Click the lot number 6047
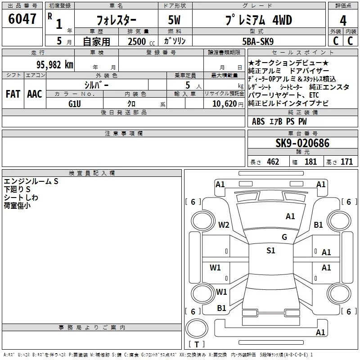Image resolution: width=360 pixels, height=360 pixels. [22, 19]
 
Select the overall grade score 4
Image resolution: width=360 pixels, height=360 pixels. [343, 21]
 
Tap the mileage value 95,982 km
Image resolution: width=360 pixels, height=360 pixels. [55, 65]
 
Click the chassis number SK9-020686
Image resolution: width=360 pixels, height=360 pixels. [302, 143]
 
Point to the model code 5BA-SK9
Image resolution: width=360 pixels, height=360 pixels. [258, 41]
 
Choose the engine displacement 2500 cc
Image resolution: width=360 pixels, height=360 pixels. [141, 41]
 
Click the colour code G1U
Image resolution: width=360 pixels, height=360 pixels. [75, 104]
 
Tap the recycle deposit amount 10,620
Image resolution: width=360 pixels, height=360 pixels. [225, 104]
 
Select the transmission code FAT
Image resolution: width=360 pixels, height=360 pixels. [13, 94]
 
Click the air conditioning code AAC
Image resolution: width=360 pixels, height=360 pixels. [35, 94]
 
